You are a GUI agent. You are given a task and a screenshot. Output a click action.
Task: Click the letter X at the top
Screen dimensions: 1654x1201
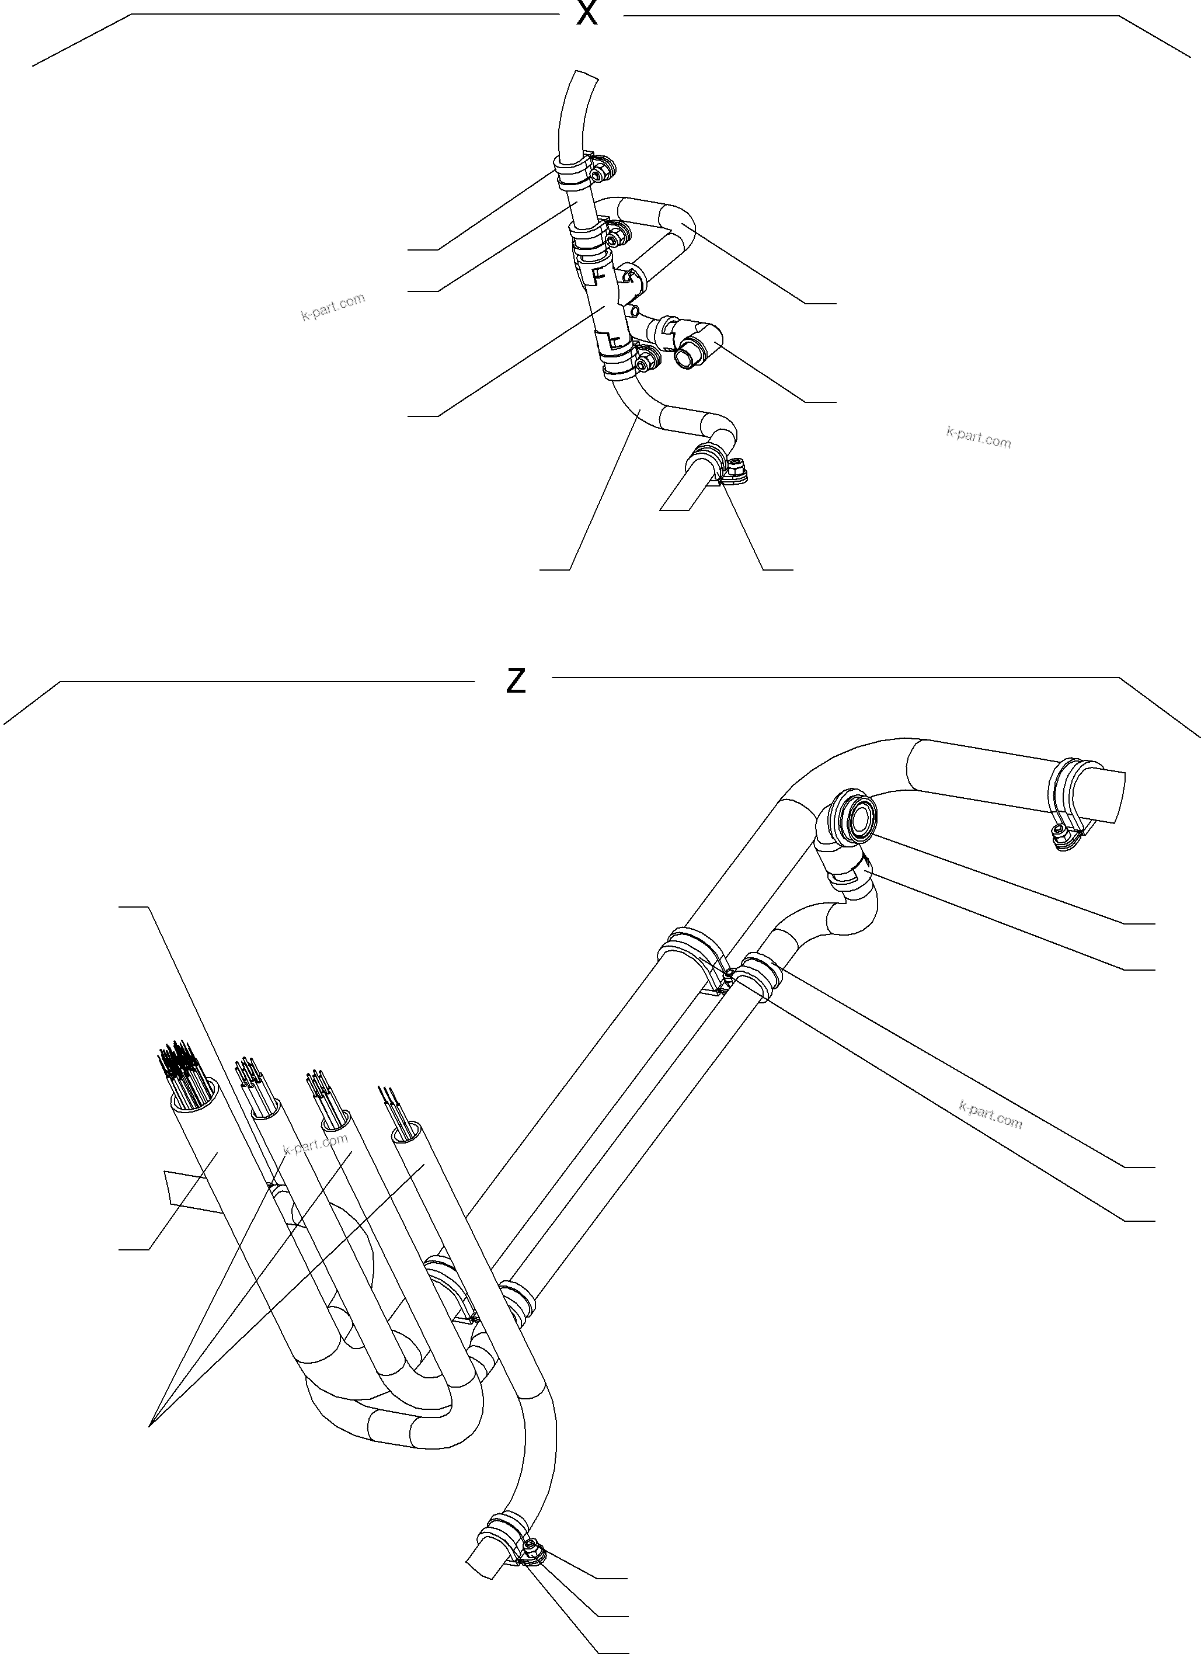tap(586, 12)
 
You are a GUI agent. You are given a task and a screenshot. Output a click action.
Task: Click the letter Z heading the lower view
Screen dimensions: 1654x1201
tap(516, 680)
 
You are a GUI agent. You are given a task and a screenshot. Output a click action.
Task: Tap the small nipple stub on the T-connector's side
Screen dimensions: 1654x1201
tap(635, 311)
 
